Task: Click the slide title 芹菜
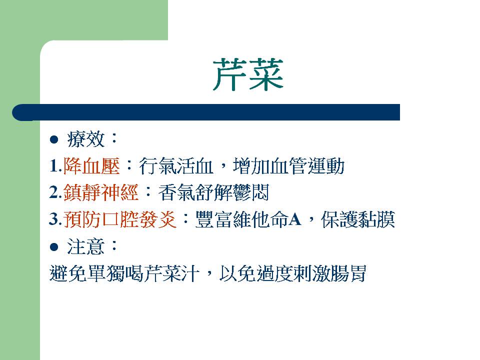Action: [248, 74]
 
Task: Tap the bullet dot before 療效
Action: [54, 139]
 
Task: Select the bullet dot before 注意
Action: [54, 247]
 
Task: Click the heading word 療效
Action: [86, 139]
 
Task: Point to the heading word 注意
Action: [86, 246]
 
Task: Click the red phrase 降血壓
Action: [91, 166]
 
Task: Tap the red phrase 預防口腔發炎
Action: [120, 219]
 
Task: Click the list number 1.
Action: [54, 166]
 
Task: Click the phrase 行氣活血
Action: [176, 166]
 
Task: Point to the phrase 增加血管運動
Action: [288, 166]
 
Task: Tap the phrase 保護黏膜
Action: [358, 219]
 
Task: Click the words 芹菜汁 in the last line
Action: [171, 273]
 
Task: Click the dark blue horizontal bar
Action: [206, 112]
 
